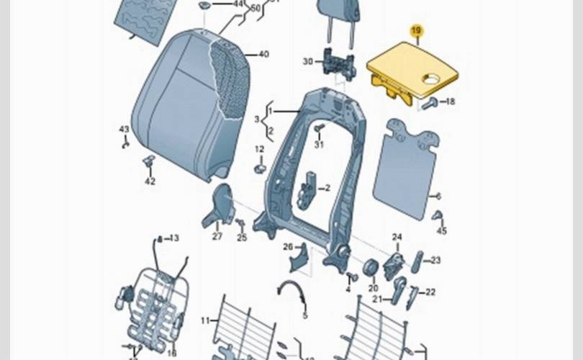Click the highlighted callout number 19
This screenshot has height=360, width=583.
[x=416, y=30]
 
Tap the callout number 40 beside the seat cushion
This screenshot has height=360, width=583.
[x=263, y=54]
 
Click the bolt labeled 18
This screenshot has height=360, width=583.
[x=429, y=104]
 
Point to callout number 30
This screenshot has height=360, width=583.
[x=308, y=62]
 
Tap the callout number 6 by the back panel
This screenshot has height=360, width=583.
[x=438, y=196]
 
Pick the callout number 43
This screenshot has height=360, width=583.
[x=124, y=130]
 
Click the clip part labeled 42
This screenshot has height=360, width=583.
[x=149, y=163]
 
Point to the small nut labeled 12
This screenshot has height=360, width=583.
[x=260, y=169]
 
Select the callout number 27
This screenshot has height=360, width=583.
[x=217, y=235]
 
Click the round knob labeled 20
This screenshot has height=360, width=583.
[x=372, y=268]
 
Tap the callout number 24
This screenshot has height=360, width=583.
[x=397, y=237]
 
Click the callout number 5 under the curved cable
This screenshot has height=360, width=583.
[x=304, y=315]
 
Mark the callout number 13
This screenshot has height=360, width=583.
[x=174, y=238]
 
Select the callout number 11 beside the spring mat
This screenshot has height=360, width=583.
[x=205, y=320]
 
